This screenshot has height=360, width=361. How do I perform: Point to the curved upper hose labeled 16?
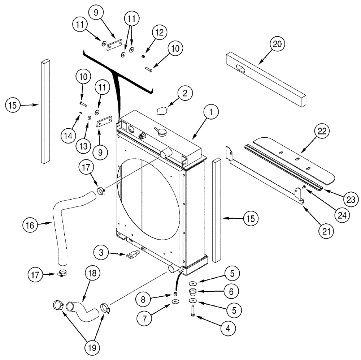[65, 217]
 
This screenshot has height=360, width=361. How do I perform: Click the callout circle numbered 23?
[351, 199]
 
